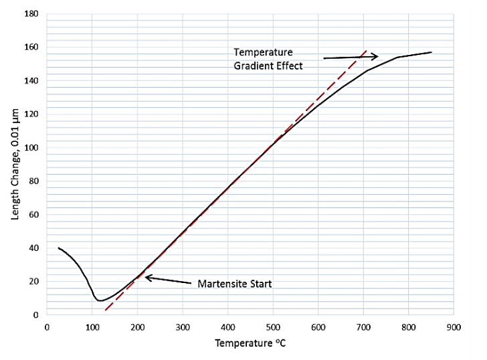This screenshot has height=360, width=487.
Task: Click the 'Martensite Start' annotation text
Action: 234,284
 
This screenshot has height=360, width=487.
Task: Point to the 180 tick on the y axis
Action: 31,14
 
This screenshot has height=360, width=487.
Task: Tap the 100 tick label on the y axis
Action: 31,148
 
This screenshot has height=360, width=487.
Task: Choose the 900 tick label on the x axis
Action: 454,327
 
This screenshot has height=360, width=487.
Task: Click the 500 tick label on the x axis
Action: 273,327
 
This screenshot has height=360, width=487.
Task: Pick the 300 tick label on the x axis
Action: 183,327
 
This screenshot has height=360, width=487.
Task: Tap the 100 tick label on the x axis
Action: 92,327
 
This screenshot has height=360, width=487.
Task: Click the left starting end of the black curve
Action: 58,248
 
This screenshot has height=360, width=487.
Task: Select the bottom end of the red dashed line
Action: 105,310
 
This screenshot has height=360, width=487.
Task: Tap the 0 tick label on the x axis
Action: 47,327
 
